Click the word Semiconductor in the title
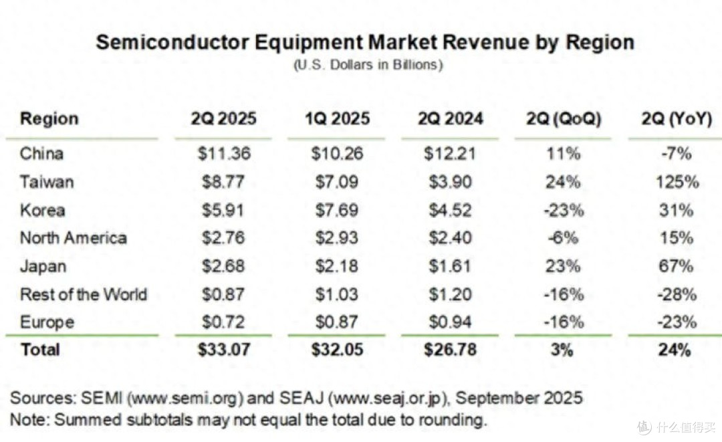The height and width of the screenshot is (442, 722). tap(172, 42)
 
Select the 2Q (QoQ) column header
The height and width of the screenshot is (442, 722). tap(564, 119)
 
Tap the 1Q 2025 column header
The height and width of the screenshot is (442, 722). tap(337, 119)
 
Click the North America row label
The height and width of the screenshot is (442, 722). tap(74, 238)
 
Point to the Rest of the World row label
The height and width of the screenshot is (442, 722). tap(84, 294)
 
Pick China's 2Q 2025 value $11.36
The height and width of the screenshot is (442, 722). tap(224, 153)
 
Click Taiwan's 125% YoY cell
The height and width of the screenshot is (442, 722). tap(677, 182)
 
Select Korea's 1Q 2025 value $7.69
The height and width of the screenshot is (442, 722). tap(336, 211)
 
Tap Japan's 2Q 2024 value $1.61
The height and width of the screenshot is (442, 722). tap(450, 266)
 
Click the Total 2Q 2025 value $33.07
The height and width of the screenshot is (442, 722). tap(224, 350)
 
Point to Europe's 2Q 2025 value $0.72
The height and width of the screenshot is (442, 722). tap(223, 322)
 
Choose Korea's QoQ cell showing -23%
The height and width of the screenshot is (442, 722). tap(564, 211)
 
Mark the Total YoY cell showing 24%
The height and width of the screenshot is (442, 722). tap(675, 350)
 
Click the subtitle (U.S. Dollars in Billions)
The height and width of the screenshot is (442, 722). tap(368, 64)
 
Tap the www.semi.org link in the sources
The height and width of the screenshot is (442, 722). tap(185, 399)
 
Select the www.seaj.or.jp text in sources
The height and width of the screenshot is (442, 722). tap(387, 399)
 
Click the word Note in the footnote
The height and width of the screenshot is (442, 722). tap(29, 420)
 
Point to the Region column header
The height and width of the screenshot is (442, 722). tap(49, 119)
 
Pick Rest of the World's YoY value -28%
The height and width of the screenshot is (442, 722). tap(677, 294)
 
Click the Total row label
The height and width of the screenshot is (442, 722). tap(41, 350)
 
